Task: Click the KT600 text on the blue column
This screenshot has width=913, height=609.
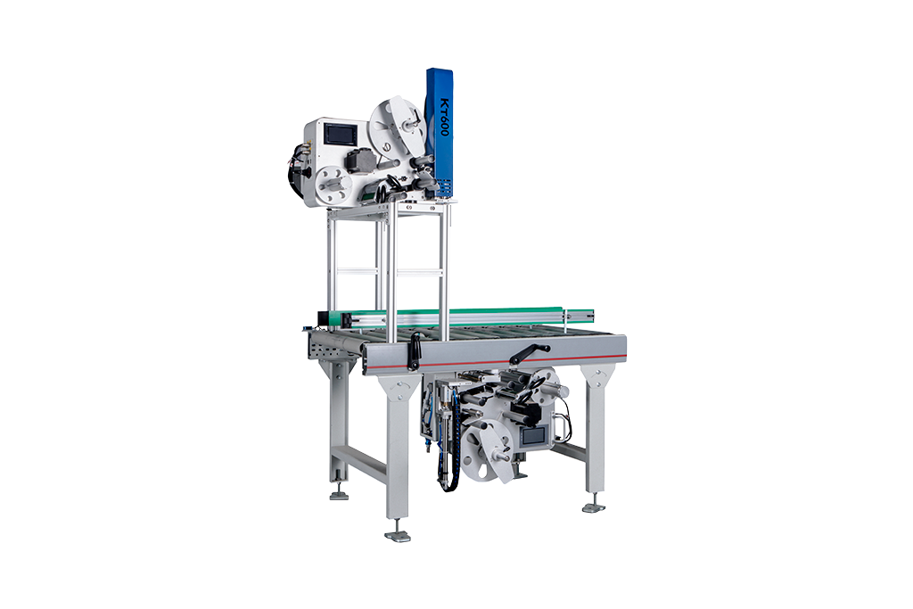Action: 444,117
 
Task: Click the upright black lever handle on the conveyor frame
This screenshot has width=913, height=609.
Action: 415,350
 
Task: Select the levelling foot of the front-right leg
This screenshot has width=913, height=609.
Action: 594,507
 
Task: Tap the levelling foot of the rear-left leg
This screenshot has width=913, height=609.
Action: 339,496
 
